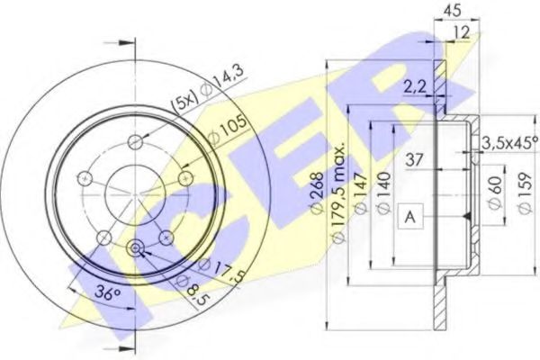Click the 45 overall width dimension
(452, 12)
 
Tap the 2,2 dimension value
(414, 87)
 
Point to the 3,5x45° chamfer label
(508, 141)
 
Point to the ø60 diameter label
(494, 193)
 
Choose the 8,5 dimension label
(189, 289)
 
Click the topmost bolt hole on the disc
(135, 141)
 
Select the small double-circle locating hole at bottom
(135, 249)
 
